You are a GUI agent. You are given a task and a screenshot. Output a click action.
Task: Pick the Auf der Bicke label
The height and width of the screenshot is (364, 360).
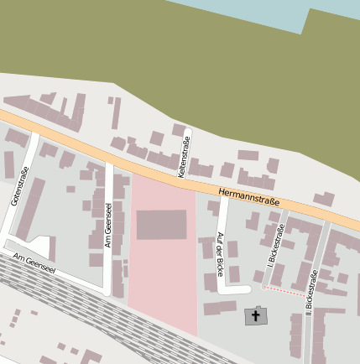tap(220, 254)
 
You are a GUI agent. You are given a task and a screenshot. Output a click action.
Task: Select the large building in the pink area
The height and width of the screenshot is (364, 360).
tap(161, 225)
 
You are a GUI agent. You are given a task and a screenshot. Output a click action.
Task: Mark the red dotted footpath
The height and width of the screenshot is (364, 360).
tap(284, 289)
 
